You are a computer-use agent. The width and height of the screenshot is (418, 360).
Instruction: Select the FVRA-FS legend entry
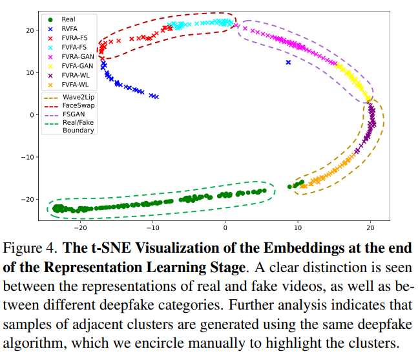click(72, 38)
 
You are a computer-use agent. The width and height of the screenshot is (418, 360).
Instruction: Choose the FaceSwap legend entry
click(78, 105)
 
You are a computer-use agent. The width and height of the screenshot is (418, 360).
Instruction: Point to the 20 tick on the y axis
click(29, 30)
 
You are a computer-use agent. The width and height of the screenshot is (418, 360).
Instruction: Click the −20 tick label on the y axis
click(28, 199)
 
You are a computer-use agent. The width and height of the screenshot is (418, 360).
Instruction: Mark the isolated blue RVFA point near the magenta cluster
click(288, 62)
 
